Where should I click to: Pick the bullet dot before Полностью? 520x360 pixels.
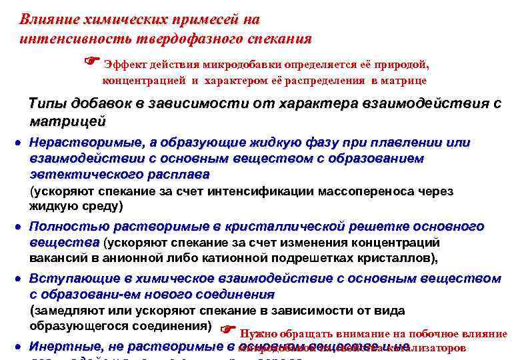click(20, 227)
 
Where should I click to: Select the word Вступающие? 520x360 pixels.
click(75, 277)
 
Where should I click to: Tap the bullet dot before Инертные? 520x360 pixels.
click(20, 347)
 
